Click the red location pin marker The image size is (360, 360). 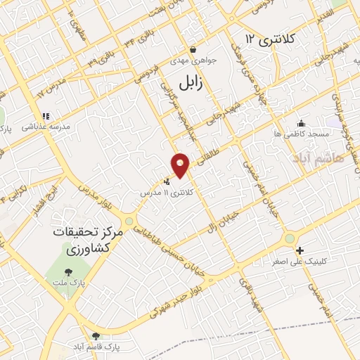(181, 164)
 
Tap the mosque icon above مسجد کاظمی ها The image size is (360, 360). (302, 122)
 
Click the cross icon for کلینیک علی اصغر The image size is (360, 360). (300, 250)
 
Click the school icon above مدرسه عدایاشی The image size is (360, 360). (46, 117)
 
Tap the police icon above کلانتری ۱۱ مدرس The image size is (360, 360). (166, 181)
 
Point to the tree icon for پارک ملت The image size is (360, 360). (69, 271)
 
